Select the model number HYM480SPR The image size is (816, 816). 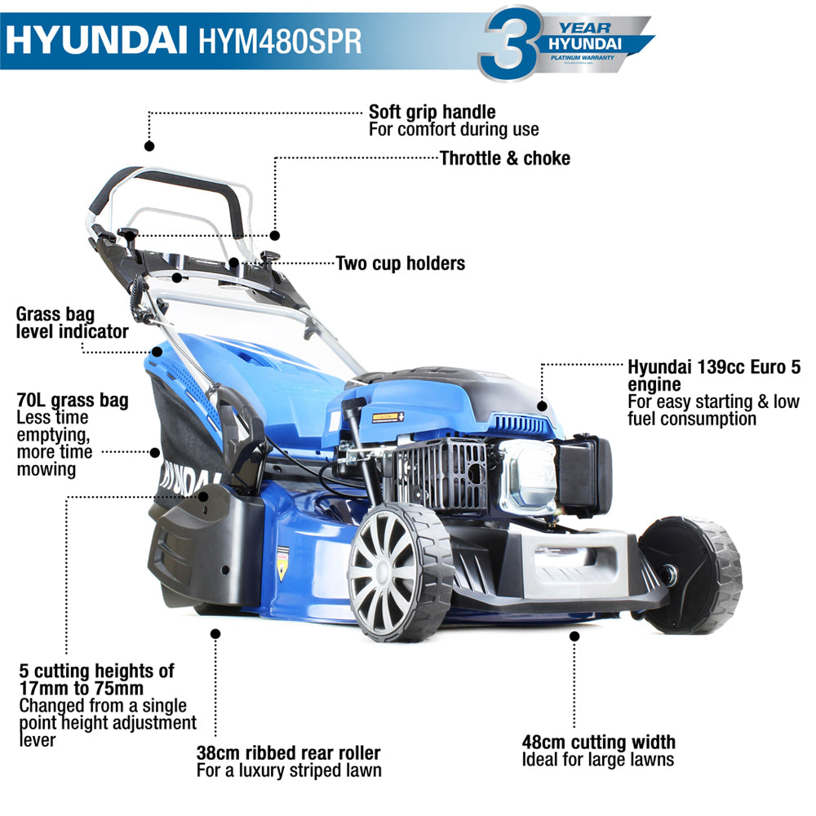pyautogui.click(x=279, y=40)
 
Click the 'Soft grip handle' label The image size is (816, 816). pyautogui.click(x=432, y=111)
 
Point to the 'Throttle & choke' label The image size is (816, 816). pyautogui.click(x=505, y=158)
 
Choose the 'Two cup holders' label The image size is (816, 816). pyautogui.click(x=401, y=264)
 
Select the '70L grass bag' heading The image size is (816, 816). pyautogui.click(x=72, y=401)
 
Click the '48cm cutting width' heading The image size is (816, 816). pyautogui.click(x=599, y=743)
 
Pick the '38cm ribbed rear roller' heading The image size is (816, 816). pyautogui.click(x=288, y=753)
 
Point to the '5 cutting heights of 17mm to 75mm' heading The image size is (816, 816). pyautogui.click(x=96, y=680)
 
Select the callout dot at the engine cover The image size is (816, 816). pyautogui.click(x=541, y=405)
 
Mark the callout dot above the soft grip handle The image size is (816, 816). pyautogui.click(x=149, y=146)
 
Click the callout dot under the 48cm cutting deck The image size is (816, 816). pyautogui.click(x=574, y=635)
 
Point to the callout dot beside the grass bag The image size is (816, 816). pyautogui.click(x=154, y=450)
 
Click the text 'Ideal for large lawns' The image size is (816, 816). pyautogui.click(x=598, y=761)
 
